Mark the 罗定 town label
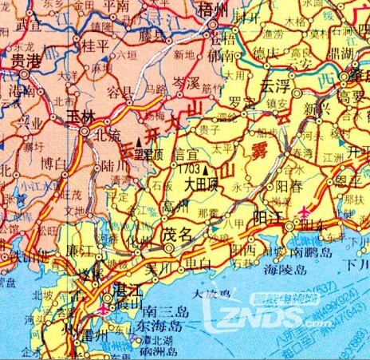(x=238, y=102)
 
